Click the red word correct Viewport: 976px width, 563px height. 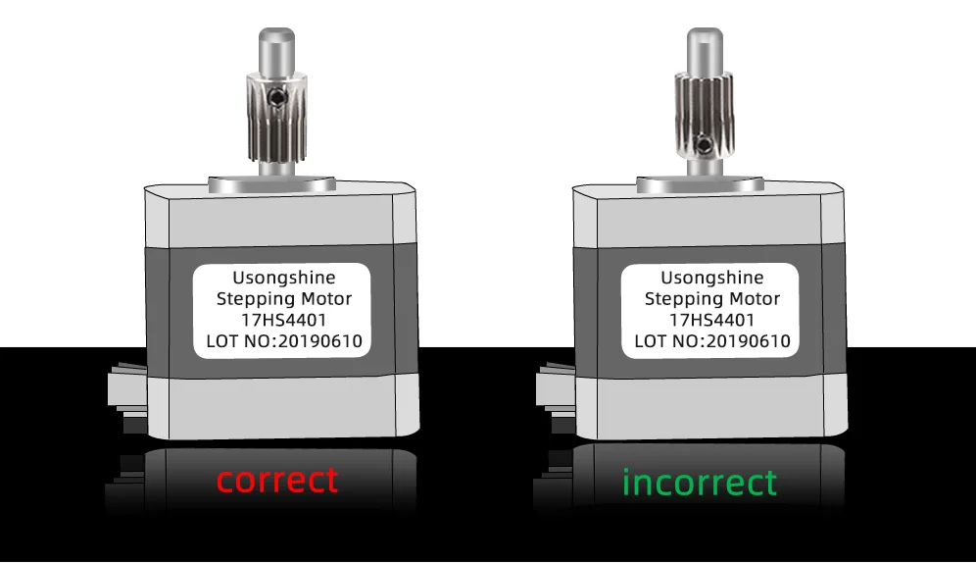277,481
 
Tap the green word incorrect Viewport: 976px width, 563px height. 700,483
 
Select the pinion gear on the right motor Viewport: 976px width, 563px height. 700,118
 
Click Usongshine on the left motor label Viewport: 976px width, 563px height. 284,279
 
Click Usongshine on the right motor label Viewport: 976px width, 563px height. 711,279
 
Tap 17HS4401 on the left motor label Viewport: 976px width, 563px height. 284,321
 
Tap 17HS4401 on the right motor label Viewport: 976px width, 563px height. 711,321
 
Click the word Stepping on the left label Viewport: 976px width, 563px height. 253,299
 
